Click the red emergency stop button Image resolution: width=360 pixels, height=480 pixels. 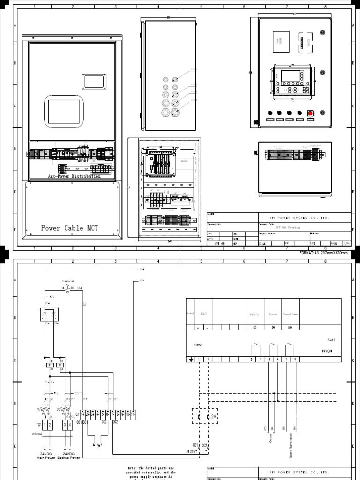(x=310, y=113)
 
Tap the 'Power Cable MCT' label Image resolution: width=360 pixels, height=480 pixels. (x=69, y=228)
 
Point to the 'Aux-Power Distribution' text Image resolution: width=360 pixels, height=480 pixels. (x=75, y=177)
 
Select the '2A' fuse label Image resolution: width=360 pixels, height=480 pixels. (x=214, y=416)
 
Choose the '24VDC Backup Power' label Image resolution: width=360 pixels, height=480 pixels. (x=69, y=456)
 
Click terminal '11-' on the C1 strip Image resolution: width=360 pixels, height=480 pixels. (x=133, y=414)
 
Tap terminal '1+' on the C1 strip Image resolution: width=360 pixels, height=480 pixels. (x=83, y=414)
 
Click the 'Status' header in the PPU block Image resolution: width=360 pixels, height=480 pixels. (x=254, y=315)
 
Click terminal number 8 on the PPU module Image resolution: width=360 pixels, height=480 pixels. (x=295, y=359)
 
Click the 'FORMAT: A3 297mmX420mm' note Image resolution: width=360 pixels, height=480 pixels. (x=324, y=253)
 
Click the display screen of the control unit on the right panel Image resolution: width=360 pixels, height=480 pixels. (x=288, y=76)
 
